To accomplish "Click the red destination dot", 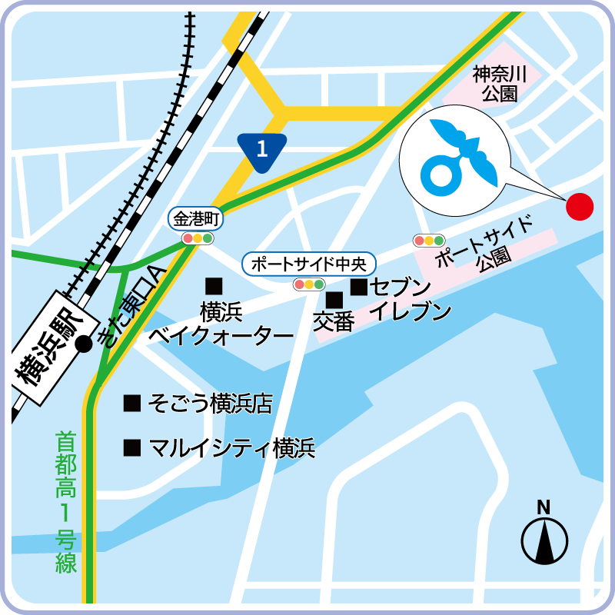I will (580, 206).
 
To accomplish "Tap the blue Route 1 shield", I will (262, 148).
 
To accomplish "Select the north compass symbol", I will (544, 539).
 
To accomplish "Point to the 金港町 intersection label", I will (197, 219).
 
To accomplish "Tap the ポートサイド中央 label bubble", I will (309, 264).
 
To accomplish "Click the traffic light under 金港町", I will (198, 238).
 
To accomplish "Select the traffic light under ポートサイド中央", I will (309, 284).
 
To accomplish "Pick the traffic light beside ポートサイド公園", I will (429, 241).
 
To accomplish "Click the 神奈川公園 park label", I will (499, 85).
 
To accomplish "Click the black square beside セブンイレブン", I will (358, 288).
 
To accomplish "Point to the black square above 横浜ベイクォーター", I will (214, 286).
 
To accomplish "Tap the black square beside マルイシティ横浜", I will (132, 447).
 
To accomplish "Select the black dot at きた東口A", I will (85, 344).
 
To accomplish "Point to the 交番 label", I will (334, 321).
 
